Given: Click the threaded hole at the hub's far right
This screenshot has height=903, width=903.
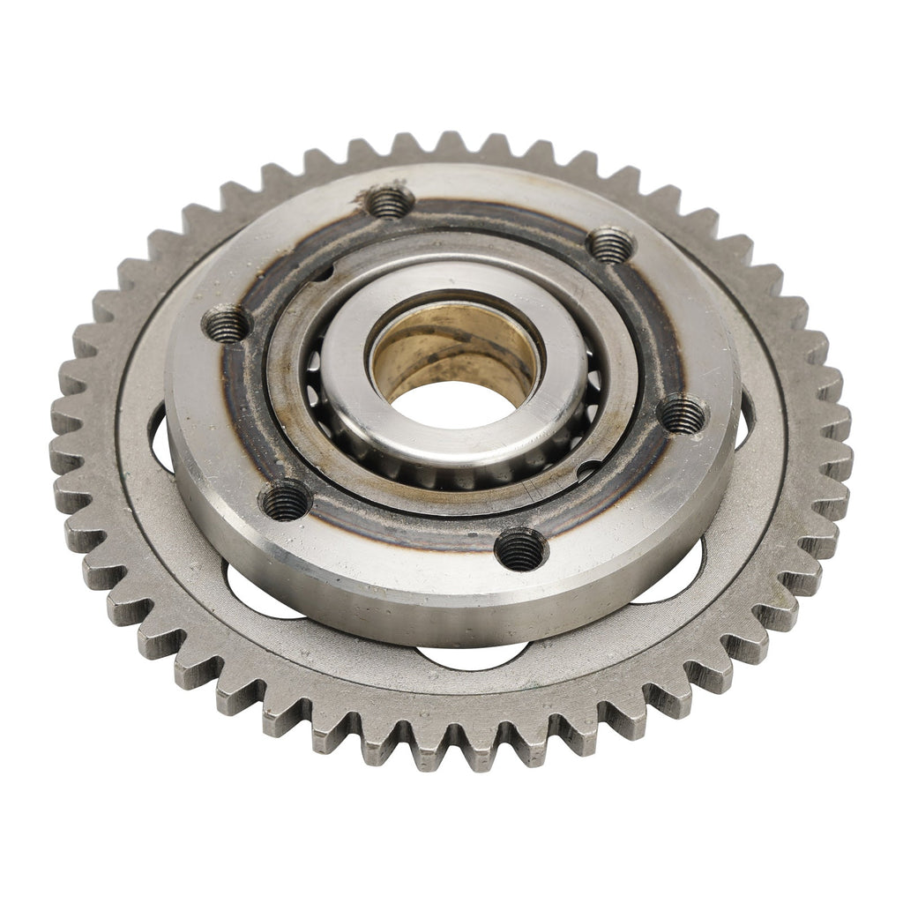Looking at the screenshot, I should [x=683, y=412].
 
